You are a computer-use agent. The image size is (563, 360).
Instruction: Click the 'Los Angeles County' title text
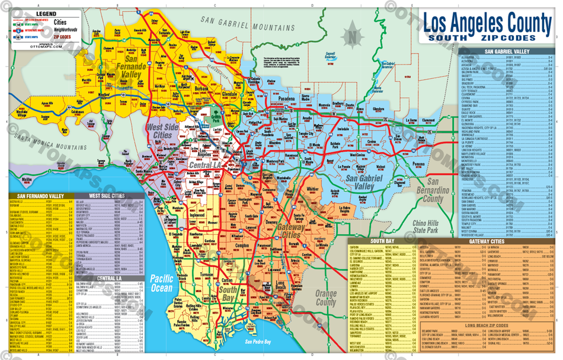pos(487,24)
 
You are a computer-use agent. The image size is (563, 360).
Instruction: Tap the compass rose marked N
pos(352,35)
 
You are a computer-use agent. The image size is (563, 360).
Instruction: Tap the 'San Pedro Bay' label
pos(258,342)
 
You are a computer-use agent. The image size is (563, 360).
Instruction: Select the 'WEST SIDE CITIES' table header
pos(107,195)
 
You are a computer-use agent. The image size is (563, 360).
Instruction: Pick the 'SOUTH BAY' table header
pos(379,241)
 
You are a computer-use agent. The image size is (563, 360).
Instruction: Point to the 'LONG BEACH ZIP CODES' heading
pos(487,325)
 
